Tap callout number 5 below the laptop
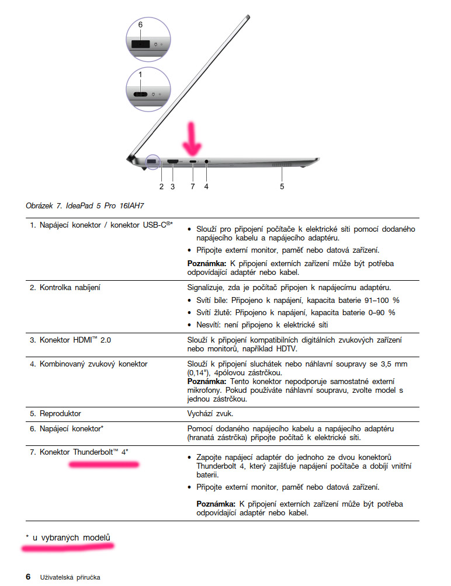coord(282,187)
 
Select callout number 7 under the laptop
coord(193,187)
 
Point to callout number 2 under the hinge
coord(161,187)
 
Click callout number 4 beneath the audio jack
coord(206,187)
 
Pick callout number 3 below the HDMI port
coord(172,187)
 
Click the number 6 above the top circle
coord(140,25)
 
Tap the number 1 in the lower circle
coord(140,75)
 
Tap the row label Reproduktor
coord(60,414)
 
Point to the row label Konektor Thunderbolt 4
coord(83,452)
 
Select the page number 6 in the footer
coord(28,577)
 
